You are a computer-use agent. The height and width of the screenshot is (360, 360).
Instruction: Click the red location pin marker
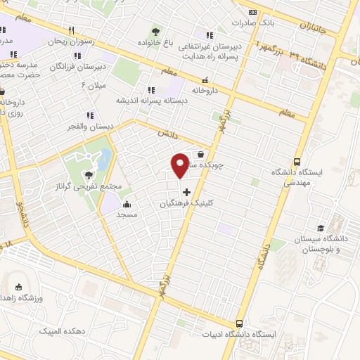pos(181,165)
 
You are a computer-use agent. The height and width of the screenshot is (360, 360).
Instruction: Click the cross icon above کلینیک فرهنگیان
pos(186,191)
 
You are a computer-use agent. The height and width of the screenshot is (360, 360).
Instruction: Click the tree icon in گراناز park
pos(89,176)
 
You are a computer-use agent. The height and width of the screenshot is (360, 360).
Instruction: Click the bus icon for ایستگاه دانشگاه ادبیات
pos(240,324)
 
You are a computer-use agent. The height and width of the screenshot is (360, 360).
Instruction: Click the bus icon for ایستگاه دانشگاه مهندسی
pos(297,160)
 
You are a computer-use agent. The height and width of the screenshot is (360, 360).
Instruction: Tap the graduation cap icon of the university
pos(321,229)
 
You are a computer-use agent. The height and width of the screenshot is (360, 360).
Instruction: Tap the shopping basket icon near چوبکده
pos(201,154)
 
